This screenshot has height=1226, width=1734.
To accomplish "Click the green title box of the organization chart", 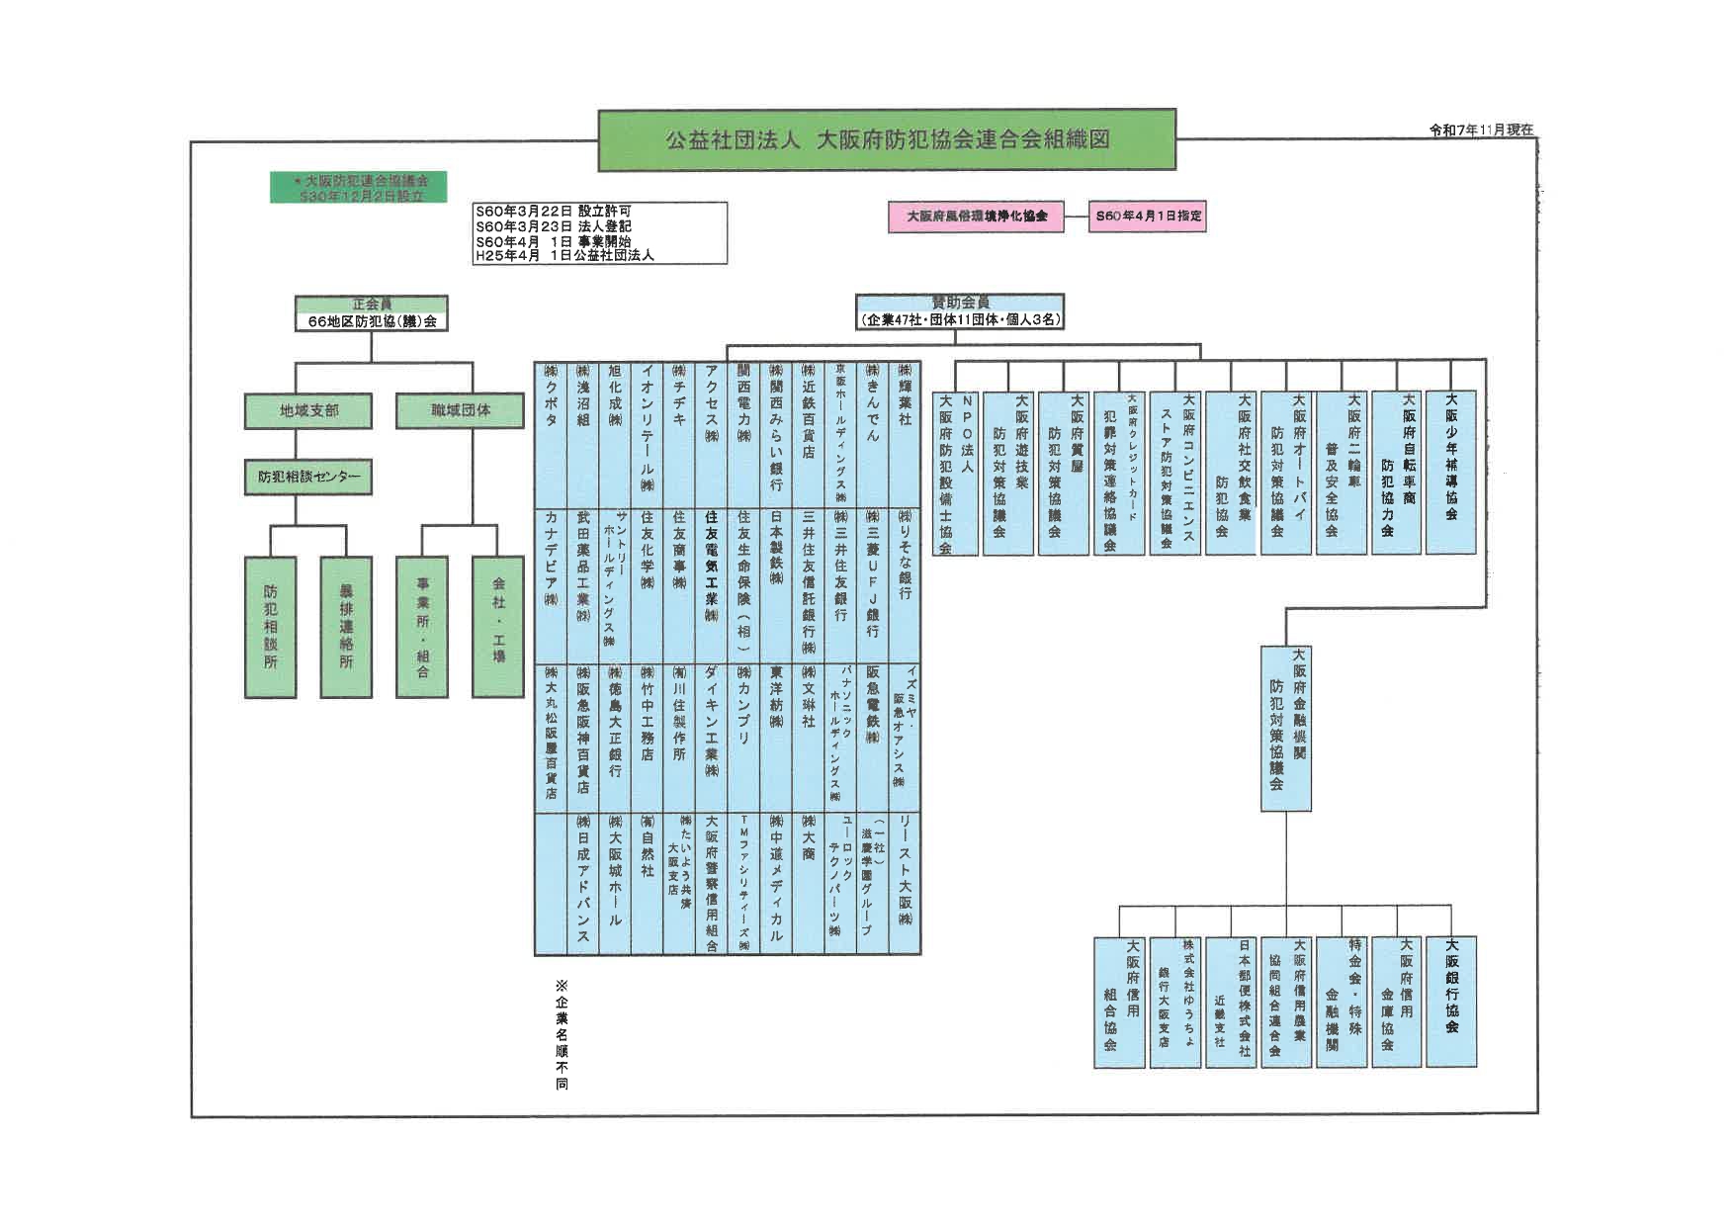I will point(887,139).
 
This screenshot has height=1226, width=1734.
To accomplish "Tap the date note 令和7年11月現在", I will point(1481,131).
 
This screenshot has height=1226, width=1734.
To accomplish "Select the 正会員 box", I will point(371,312).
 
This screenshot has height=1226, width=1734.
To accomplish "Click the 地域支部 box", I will point(308,410).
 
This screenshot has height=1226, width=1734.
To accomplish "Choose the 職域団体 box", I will point(460,410).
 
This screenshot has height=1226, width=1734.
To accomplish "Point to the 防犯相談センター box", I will point(308,477).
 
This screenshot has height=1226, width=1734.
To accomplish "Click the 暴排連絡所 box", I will point(346,627).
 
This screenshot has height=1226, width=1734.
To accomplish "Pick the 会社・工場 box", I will point(498,627).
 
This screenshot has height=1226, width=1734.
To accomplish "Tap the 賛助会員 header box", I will point(960,311).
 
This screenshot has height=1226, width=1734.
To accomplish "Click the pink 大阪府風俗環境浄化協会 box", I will point(977,216).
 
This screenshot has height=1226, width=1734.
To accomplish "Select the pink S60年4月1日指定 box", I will point(1148,216).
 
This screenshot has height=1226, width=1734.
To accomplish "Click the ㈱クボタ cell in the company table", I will point(551,435).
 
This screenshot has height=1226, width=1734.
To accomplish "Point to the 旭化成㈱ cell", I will point(615,435).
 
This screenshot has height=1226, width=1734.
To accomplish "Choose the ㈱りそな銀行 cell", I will point(905,585).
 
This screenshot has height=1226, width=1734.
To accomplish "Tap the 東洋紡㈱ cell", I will point(776,738).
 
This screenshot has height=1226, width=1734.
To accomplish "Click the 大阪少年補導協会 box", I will point(1450,472).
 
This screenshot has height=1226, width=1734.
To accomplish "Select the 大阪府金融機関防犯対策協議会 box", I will point(1285,728).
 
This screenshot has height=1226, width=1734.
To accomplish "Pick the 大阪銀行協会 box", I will point(1450,1001).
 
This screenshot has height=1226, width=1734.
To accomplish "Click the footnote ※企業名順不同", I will point(562,1034).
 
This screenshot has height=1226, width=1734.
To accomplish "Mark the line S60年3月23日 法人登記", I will point(554,226).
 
